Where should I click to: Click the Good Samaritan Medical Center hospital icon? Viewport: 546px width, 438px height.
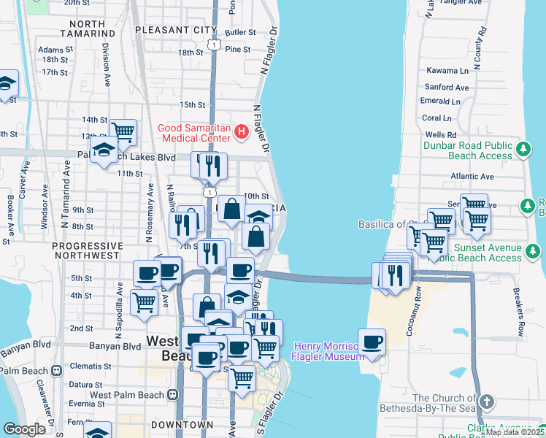pos(242,132)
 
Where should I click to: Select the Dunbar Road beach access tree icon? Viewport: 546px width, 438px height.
pos(523,150)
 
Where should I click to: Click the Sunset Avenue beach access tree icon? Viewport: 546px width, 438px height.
pos(534,252)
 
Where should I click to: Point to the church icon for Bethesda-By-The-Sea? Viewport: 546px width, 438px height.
pos(488,402)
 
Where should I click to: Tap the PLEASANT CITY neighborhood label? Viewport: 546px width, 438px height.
pos(176,30)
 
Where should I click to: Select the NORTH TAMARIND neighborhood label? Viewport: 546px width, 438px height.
pos(78,28)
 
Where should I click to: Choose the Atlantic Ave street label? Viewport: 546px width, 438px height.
pos(472,176)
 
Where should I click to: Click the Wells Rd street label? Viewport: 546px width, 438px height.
pos(440,135)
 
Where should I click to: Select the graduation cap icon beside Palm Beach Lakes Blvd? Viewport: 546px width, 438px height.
pos(105,151)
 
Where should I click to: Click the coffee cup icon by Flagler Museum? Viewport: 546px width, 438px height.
pos(372,342)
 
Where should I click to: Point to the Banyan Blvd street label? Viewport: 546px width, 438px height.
pos(111,346)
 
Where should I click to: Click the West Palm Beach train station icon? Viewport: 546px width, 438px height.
pos(173,395)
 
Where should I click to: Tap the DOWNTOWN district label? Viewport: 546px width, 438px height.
pos(182,424)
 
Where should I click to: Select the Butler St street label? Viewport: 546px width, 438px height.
pos(240,32)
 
